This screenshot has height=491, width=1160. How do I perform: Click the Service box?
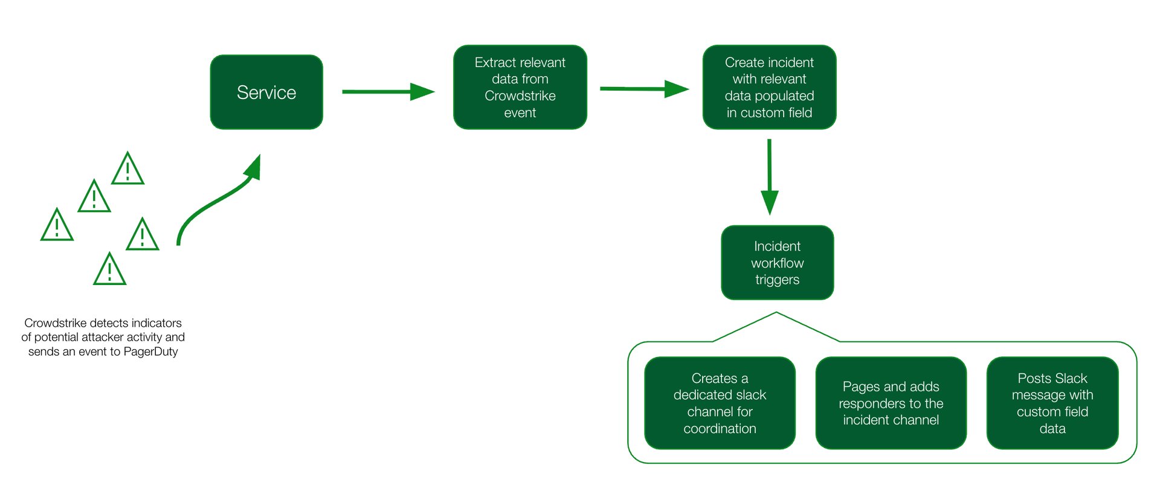[266, 92]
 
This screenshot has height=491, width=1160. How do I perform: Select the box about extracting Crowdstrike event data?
[520, 88]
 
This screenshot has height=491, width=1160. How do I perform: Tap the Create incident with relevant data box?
[769, 88]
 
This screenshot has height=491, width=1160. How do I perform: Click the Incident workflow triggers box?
[777, 263]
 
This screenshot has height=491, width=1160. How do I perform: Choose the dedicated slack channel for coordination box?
[720, 403]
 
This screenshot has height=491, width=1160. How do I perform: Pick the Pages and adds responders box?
[891, 403]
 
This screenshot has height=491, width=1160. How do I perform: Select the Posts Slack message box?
[1052, 403]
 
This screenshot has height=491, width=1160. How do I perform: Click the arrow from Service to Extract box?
[387, 92]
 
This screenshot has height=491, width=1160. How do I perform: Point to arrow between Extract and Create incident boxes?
[643, 89]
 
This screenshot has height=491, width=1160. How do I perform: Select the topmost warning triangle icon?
[127, 170]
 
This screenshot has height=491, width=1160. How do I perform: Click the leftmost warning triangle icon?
[57, 226]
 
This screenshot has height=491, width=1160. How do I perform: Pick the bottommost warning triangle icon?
[109, 270]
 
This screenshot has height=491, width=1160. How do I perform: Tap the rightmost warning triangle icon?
[143, 236]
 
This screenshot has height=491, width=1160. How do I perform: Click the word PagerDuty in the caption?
[150, 351]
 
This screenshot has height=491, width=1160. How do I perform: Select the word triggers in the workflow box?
[777, 280]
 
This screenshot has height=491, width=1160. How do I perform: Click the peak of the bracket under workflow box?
[776, 313]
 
